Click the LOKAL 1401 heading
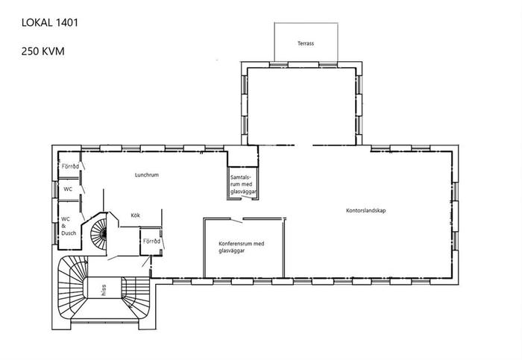click(x=50, y=22)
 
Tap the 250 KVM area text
click(x=43, y=51)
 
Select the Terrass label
click(x=306, y=43)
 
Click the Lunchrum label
click(x=146, y=174)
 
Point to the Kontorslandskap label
click(x=366, y=211)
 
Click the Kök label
click(x=135, y=215)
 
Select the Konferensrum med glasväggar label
click(x=242, y=247)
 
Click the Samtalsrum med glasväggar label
click(x=243, y=185)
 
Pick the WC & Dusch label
click(x=69, y=226)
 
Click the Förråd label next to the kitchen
click(x=151, y=241)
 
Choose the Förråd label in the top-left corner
click(x=70, y=166)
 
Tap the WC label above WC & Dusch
click(x=68, y=189)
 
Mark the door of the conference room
click(x=236, y=221)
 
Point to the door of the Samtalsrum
click(x=247, y=198)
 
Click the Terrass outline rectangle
click(x=274, y=42)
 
